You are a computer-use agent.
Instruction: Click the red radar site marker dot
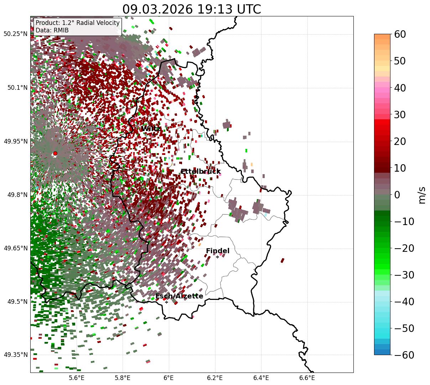[55, 154]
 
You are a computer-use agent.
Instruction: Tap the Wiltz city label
[150, 129]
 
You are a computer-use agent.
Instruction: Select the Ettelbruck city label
[201, 172]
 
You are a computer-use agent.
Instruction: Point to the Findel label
[218, 251]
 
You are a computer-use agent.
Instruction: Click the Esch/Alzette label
[179, 296]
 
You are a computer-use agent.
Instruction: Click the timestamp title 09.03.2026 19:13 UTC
[192, 9]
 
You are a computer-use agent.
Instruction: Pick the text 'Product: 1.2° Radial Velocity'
[78, 23]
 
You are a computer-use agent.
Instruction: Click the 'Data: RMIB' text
[52, 31]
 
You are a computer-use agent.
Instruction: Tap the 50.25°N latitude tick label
[15, 34]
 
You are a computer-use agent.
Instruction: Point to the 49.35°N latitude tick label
[15, 355]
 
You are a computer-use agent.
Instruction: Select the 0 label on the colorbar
[397, 195]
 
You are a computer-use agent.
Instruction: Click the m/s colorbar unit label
[422, 195]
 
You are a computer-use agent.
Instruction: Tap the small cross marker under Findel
[217, 257]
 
